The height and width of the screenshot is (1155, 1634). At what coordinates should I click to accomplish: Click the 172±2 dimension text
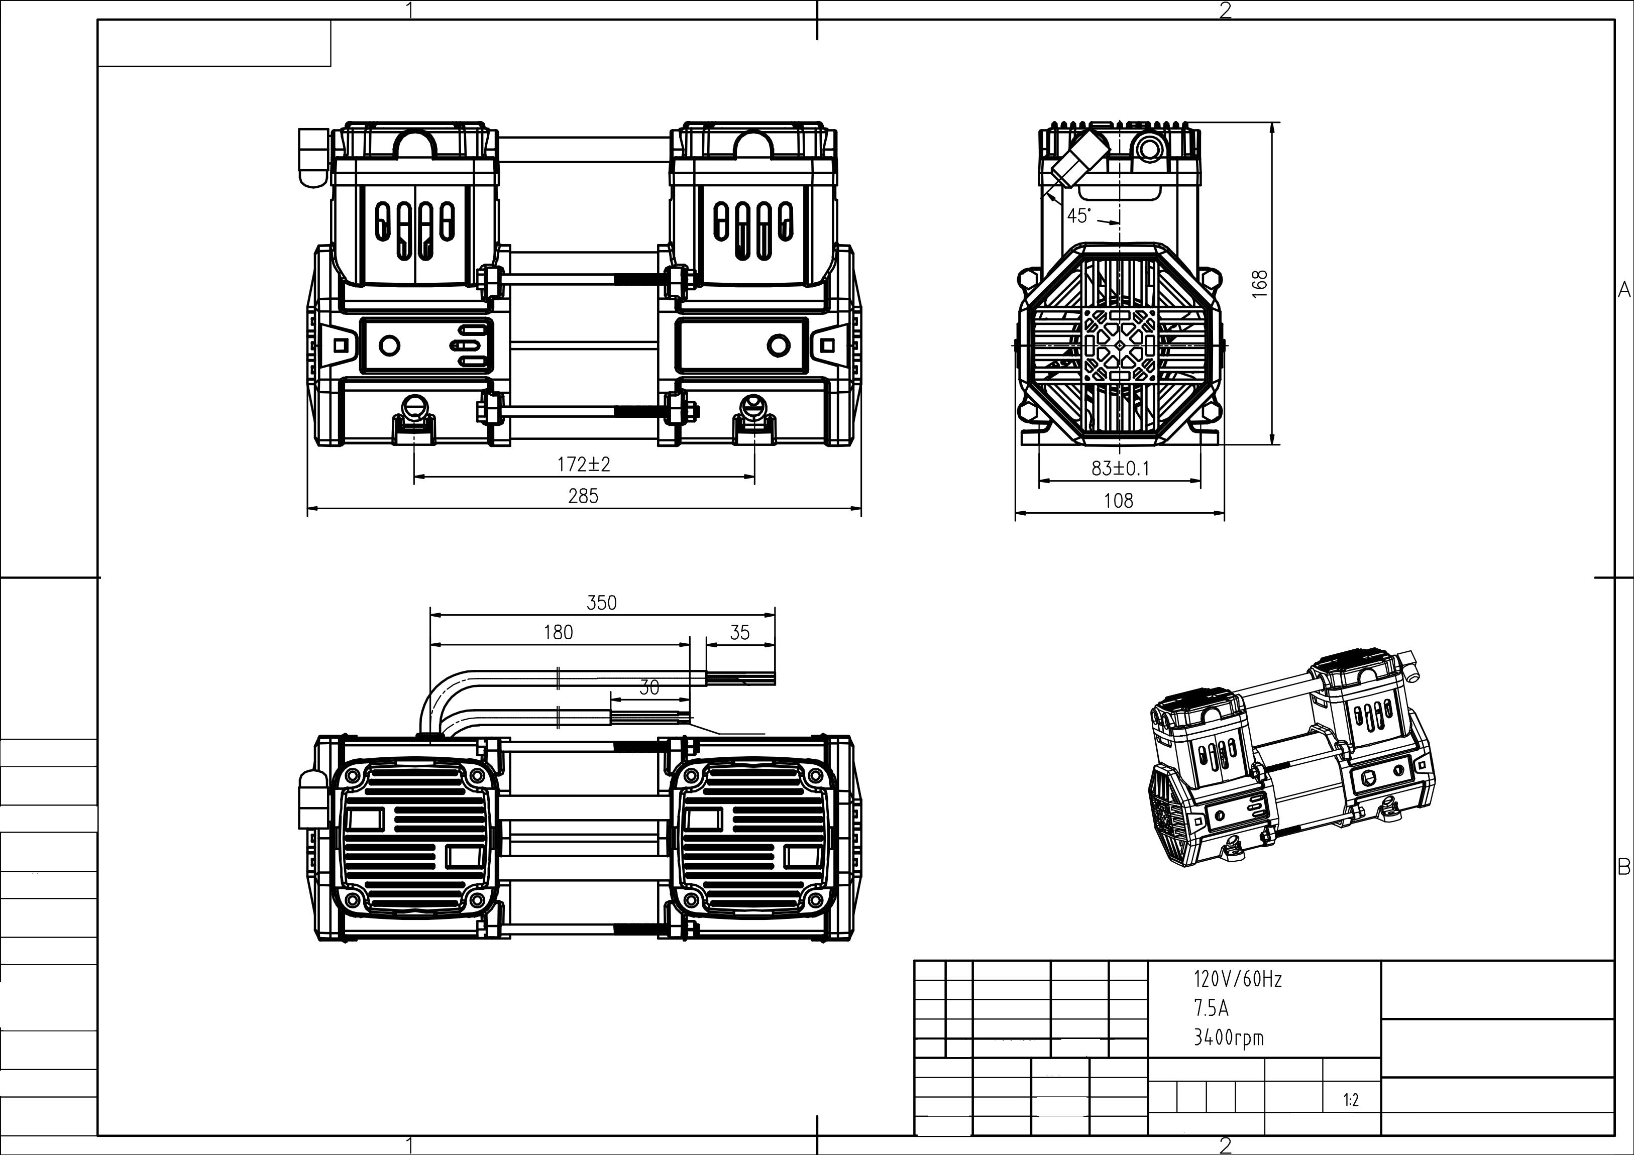click(x=584, y=465)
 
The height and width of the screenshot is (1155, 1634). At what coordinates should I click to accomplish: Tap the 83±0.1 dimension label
click(x=1120, y=468)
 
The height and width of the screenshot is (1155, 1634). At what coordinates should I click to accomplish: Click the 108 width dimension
click(x=1118, y=501)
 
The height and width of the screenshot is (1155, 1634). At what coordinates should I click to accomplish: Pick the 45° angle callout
click(x=1078, y=215)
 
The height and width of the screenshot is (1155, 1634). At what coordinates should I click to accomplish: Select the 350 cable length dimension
click(x=601, y=603)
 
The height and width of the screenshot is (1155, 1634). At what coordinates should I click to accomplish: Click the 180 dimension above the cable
click(x=558, y=632)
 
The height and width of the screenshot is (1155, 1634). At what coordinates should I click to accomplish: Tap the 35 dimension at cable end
click(x=740, y=632)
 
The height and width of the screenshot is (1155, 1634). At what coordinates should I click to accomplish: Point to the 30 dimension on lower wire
click(x=649, y=687)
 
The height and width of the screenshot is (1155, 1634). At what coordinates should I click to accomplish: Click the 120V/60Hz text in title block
click(x=1238, y=979)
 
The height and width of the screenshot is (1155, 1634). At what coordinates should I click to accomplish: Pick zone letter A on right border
click(x=1623, y=290)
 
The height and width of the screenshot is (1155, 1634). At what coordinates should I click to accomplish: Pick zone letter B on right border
click(x=1623, y=867)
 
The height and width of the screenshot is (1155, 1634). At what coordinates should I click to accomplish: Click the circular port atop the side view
click(x=1147, y=150)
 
